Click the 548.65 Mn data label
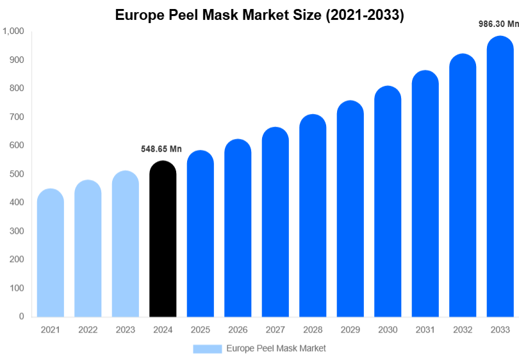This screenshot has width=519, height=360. [161, 149]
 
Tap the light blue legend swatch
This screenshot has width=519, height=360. [208, 348]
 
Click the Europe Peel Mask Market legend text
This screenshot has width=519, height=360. [276, 348]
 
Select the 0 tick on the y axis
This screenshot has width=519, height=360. [21, 316]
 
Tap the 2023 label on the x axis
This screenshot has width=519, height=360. [125, 330]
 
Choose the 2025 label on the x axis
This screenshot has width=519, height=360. [200, 330]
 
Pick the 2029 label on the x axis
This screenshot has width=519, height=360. [350, 330]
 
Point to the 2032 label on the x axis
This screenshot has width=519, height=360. [462, 330]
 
